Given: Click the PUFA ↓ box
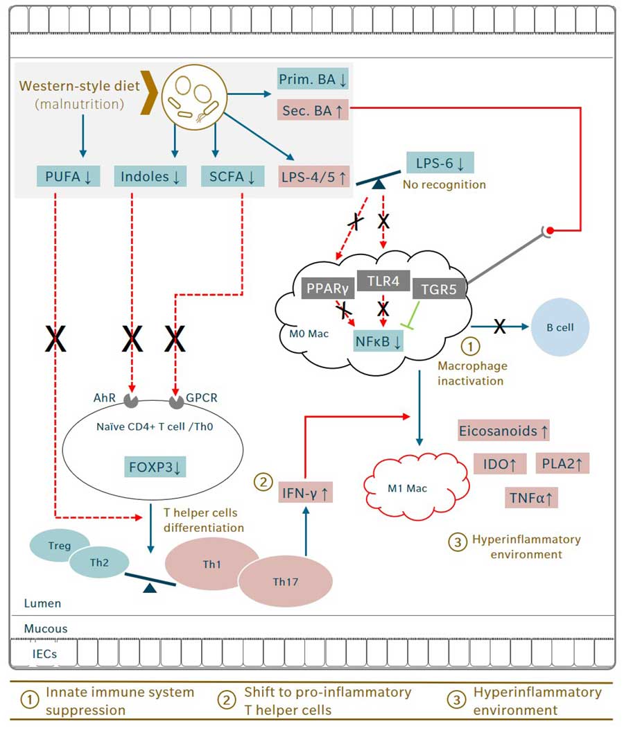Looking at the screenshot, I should pos(69,176).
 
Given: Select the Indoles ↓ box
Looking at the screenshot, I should pos(148,176).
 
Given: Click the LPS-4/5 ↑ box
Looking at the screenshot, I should pos(314,176).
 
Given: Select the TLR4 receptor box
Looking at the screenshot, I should pos(383,280).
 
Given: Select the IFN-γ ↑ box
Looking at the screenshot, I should pos(304,493).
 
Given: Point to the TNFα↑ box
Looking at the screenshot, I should pos(532,497).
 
